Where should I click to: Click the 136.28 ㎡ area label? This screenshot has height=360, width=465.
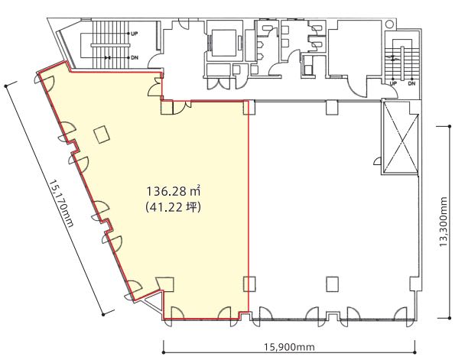tap(174, 191)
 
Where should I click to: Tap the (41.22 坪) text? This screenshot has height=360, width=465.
tap(174, 207)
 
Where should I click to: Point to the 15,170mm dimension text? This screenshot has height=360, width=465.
tap(61, 203)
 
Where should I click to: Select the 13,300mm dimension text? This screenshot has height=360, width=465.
tap(443, 222)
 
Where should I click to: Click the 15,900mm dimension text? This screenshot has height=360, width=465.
tap(289, 347)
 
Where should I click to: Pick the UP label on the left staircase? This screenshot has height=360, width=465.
tap(135, 34)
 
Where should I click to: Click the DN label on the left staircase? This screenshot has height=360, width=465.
tap(135, 57)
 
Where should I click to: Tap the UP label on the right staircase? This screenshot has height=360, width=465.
tap(393, 83)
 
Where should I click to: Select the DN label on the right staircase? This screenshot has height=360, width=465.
tap(411, 83)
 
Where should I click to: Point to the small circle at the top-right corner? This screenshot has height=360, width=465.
tap(390, 24)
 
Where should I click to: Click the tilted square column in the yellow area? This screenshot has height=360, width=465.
tap(102, 135)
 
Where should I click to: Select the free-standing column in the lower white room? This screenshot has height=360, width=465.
tap(333, 284)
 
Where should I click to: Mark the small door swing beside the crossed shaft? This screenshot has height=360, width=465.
tap(378, 161)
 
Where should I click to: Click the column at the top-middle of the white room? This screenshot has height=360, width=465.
tap(332, 107)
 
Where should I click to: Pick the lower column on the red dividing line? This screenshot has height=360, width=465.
tap(249, 284)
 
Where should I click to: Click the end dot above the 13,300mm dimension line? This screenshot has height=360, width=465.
tap(450, 127)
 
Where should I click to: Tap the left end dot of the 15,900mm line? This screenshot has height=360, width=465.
tap(164, 352)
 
